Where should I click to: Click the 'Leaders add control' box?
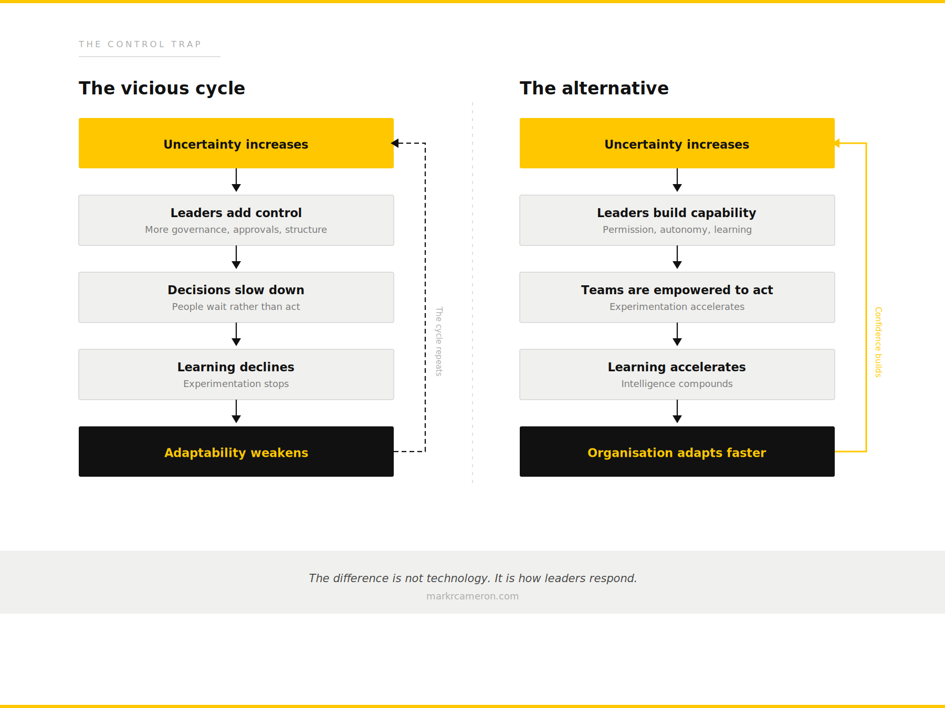(236, 220)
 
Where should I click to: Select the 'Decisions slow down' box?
(236, 297)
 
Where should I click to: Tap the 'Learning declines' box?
(236, 374)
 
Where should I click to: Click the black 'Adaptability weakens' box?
(236, 452)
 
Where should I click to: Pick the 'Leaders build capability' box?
(677, 220)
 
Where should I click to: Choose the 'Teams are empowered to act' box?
(677, 297)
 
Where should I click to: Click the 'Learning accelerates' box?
(677, 374)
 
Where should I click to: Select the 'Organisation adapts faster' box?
(677, 452)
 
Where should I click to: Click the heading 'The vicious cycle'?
(162, 88)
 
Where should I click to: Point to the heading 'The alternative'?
(594, 88)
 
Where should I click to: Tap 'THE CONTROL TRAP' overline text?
(140, 44)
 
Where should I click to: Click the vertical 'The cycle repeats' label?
(439, 341)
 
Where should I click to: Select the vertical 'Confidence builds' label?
(878, 342)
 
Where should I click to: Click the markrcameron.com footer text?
(472, 596)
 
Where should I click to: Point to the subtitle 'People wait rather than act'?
(236, 307)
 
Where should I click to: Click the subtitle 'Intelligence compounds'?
(677, 384)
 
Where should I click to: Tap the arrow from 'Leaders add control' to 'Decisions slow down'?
(236, 258)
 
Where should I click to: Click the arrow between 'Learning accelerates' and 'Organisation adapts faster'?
(677, 412)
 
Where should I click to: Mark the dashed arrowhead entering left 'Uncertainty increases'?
(395, 143)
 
